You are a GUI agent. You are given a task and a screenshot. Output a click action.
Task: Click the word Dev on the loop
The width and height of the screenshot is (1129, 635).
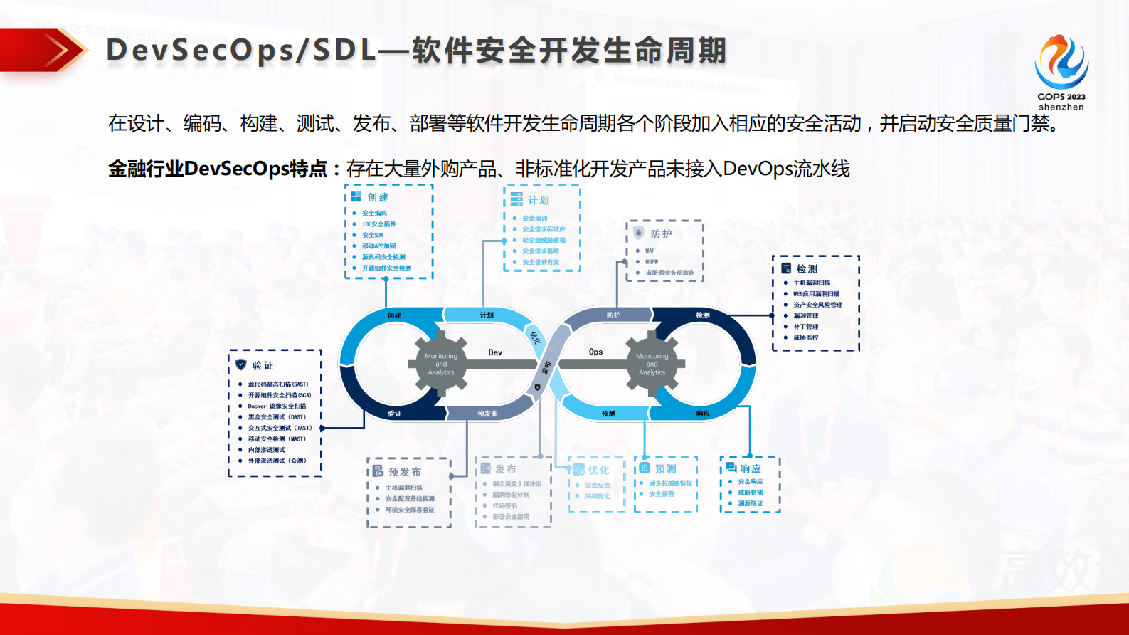(495, 352)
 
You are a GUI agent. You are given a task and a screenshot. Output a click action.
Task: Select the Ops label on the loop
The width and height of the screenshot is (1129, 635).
(595, 352)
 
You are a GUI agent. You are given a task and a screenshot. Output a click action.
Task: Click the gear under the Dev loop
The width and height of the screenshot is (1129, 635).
(441, 364)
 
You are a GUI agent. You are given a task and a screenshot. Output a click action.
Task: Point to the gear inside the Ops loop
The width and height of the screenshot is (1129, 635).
(652, 364)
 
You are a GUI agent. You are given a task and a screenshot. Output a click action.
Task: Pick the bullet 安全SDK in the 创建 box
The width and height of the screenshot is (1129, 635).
(373, 235)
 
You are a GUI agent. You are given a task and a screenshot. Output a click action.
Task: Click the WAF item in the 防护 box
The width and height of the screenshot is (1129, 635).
(650, 251)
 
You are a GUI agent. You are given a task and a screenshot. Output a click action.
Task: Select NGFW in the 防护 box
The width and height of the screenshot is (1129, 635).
(652, 262)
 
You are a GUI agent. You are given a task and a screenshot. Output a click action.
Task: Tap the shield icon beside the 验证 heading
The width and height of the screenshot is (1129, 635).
(241, 364)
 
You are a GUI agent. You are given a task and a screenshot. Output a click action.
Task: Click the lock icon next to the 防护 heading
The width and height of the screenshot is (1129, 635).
(639, 233)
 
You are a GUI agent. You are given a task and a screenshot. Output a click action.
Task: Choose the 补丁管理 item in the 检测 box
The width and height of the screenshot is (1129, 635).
(806, 327)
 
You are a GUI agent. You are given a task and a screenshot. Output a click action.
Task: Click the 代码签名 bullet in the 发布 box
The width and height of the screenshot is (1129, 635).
(505, 505)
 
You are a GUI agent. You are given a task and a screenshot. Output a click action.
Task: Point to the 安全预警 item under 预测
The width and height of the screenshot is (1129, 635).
(662, 494)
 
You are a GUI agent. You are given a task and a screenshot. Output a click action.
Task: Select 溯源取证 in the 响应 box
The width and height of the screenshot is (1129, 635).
(750, 503)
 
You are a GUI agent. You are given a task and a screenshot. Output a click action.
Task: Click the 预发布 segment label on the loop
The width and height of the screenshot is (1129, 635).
(487, 414)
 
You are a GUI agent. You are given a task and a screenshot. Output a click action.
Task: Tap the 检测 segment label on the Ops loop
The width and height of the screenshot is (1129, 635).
(702, 315)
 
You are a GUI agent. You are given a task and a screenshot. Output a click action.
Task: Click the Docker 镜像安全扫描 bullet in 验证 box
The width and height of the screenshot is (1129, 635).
(277, 406)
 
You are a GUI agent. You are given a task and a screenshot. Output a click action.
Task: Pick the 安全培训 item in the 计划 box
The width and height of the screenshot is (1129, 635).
(535, 219)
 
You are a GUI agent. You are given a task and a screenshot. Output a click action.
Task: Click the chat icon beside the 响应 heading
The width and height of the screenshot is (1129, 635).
(731, 468)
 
